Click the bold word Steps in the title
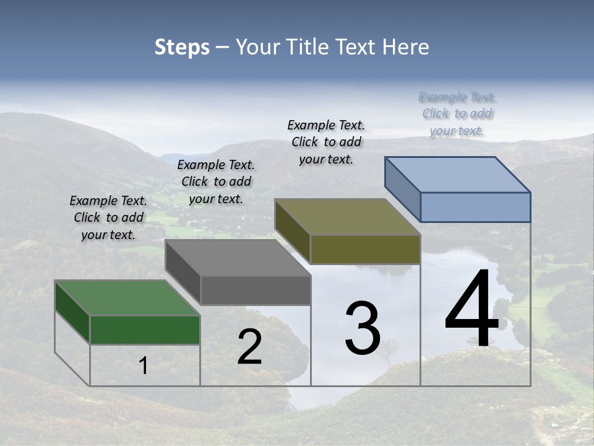point(182,47)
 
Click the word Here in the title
point(407,47)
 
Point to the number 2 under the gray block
point(249,347)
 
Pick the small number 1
point(144,365)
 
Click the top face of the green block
point(127,298)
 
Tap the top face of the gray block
point(238,258)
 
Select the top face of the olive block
point(347,217)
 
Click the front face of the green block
point(145,330)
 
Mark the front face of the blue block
point(475,207)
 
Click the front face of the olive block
point(365,249)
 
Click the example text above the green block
point(108,217)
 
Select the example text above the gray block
point(216,181)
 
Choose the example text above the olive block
point(326,142)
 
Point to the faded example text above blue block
point(457,113)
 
